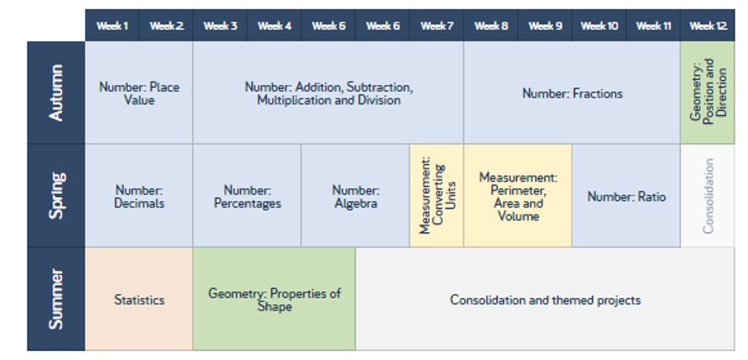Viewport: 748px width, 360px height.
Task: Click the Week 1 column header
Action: click(x=112, y=26)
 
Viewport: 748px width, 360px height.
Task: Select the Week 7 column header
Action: click(x=437, y=26)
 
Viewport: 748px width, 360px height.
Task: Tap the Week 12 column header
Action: click(x=708, y=26)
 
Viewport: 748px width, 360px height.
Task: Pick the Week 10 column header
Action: click(x=599, y=26)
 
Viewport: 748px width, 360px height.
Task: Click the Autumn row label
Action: click(x=56, y=92)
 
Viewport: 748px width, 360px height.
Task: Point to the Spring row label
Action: click(x=56, y=196)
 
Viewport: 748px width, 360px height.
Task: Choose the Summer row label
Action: click(x=56, y=299)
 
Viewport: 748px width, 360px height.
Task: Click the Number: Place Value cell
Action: click(x=140, y=93)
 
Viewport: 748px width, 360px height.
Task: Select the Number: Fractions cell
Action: click(x=572, y=93)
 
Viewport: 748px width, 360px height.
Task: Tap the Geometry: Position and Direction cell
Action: click(x=708, y=93)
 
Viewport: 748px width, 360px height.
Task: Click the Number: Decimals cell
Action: click(x=140, y=196)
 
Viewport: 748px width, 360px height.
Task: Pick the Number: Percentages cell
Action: click(x=247, y=196)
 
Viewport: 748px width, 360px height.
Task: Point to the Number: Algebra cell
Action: click(x=355, y=196)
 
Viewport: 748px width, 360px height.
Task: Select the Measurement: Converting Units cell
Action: click(x=437, y=196)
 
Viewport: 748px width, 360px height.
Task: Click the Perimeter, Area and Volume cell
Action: click(x=518, y=196)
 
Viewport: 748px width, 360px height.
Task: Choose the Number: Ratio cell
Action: click(x=627, y=196)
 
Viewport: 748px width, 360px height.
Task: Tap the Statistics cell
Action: click(x=140, y=299)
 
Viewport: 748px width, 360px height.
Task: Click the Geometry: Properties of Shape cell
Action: click(x=274, y=299)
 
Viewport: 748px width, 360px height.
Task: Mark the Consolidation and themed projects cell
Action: click(x=545, y=299)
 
